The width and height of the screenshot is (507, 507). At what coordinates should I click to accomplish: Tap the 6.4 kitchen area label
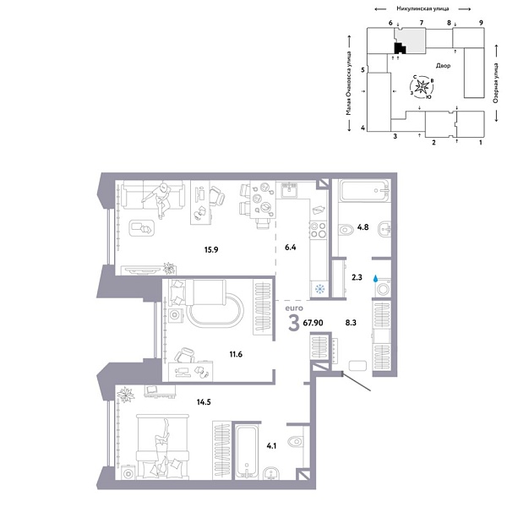coord(292,248)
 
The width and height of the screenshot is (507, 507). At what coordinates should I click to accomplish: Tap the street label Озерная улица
coord(494,90)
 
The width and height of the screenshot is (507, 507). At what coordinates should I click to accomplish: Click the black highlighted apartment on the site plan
coord(400,47)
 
